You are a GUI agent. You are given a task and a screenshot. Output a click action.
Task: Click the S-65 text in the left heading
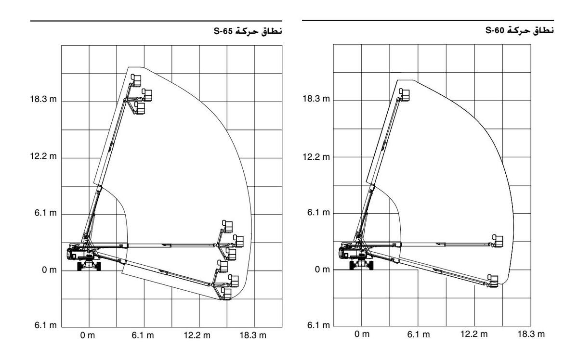(x=223, y=31)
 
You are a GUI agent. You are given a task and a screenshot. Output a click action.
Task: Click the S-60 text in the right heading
(x=495, y=30)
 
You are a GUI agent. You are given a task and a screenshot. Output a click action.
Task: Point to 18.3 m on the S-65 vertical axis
(x=43, y=99)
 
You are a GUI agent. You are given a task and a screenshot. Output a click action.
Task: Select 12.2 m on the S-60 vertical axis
(x=316, y=157)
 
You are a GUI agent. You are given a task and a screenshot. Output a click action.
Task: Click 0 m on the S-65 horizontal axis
(x=88, y=335)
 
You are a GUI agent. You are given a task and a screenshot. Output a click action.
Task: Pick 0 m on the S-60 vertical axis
(x=322, y=270)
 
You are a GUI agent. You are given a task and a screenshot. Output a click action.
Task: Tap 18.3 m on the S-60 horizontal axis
(x=531, y=334)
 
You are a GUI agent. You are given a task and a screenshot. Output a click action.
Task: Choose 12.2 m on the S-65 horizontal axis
(x=197, y=335)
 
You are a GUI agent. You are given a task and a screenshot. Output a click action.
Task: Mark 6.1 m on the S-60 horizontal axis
(x=419, y=334)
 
